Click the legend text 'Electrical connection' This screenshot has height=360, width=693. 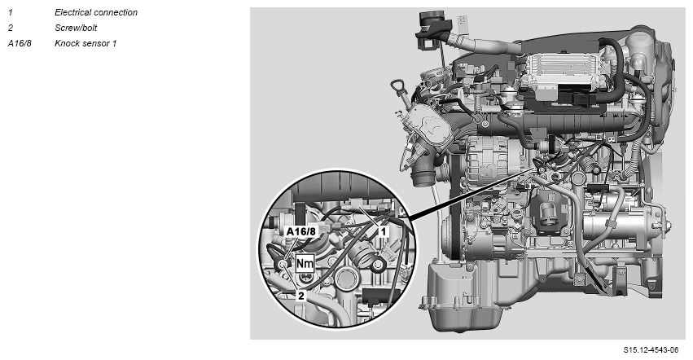(x=96, y=12)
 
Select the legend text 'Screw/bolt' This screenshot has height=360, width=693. (x=76, y=28)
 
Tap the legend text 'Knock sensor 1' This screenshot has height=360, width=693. (x=86, y=43)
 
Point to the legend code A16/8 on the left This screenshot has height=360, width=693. (x=20, y=43)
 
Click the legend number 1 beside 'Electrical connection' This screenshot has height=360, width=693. (x=10, y=12)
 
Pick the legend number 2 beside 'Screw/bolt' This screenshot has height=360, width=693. (x=11, y=28)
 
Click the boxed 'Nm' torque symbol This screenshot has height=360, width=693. (x=305, y=264)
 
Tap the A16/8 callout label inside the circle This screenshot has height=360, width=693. (x=301, y=232)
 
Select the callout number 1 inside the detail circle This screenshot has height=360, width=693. (x=384, y=231)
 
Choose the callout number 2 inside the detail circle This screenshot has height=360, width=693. (x=301, y=296)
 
